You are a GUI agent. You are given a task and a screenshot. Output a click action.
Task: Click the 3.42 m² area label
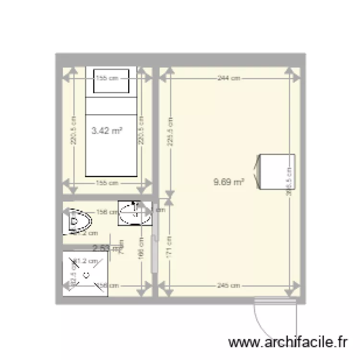(106, 130)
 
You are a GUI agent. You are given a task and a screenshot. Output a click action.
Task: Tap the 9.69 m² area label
(228, 181)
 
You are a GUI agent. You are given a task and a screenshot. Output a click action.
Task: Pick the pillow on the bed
(111, 81)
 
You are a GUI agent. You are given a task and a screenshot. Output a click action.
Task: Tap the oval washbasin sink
(131, 213)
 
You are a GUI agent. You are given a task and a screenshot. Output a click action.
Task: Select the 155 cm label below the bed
(107, 183)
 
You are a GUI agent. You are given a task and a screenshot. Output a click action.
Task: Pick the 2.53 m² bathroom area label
(107, 248)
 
